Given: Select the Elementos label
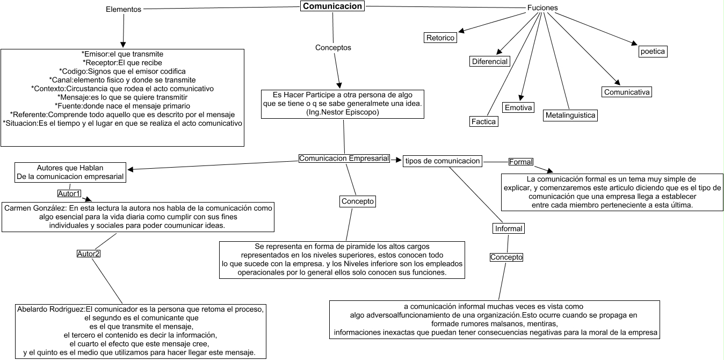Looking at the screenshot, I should pos(124,10).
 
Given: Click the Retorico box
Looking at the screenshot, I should pos(440,38).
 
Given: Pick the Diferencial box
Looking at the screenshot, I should pos(489,61).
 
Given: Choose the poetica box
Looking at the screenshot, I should pos(653,52).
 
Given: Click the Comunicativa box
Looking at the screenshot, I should pos(627,92).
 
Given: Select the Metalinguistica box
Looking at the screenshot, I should pos(570,115).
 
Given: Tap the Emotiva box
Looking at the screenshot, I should pos(518,108).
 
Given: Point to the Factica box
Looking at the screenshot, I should pos(483,122).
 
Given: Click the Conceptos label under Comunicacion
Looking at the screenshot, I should pos(333,47).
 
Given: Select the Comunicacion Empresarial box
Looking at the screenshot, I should pos(344,159).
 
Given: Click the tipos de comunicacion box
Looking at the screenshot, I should pos(442,161).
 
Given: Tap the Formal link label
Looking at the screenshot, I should pos(521,162).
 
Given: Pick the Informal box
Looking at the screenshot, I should pos(508,228).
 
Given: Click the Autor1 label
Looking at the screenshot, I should pos(69,193).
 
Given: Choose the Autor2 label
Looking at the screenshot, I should pos(89,254).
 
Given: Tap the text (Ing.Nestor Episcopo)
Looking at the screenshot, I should pos(343,112).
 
